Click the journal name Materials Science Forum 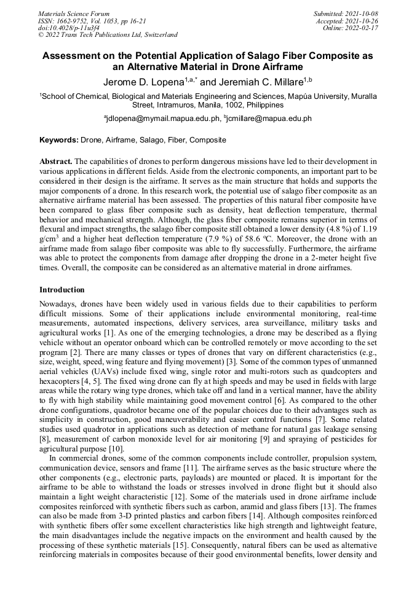pos(74,14)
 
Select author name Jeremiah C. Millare pos(262,82)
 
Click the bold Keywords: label pos(59,141)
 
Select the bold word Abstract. pos(56,161)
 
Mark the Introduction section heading pos(62,289)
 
